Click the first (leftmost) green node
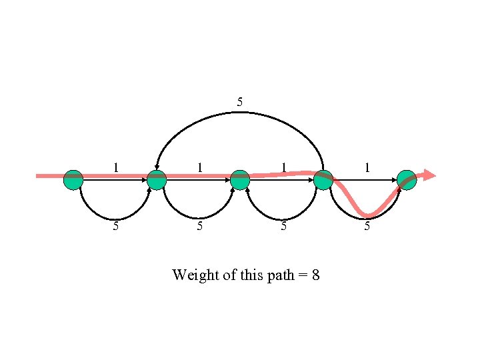[73, 179]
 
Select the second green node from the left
[156, 179]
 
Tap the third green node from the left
[240, 179]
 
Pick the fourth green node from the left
[323, 179]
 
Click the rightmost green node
[407, 179]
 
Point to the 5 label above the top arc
[240, 102]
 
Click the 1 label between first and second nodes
[116, 167]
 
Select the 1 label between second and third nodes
[200, 167]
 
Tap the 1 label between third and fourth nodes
[283, 167]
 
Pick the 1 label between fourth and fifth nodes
[367, 167]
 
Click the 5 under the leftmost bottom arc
[116, 226]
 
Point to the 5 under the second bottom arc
[200, 226]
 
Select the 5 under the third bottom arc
[283, 226]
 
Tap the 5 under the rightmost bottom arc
[367, 226]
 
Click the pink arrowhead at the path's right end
[429, 175]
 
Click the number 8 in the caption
[315, 275]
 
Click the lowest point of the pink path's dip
[369, 215]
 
